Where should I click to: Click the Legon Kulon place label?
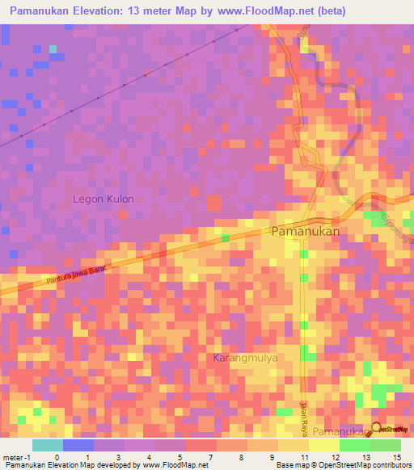(103, 199)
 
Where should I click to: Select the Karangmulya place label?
(245, 357)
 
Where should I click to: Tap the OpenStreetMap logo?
(391, 430)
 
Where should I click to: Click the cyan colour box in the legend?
(48, 445)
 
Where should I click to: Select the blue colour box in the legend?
(78, 445)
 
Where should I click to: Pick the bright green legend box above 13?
(354, 445)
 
